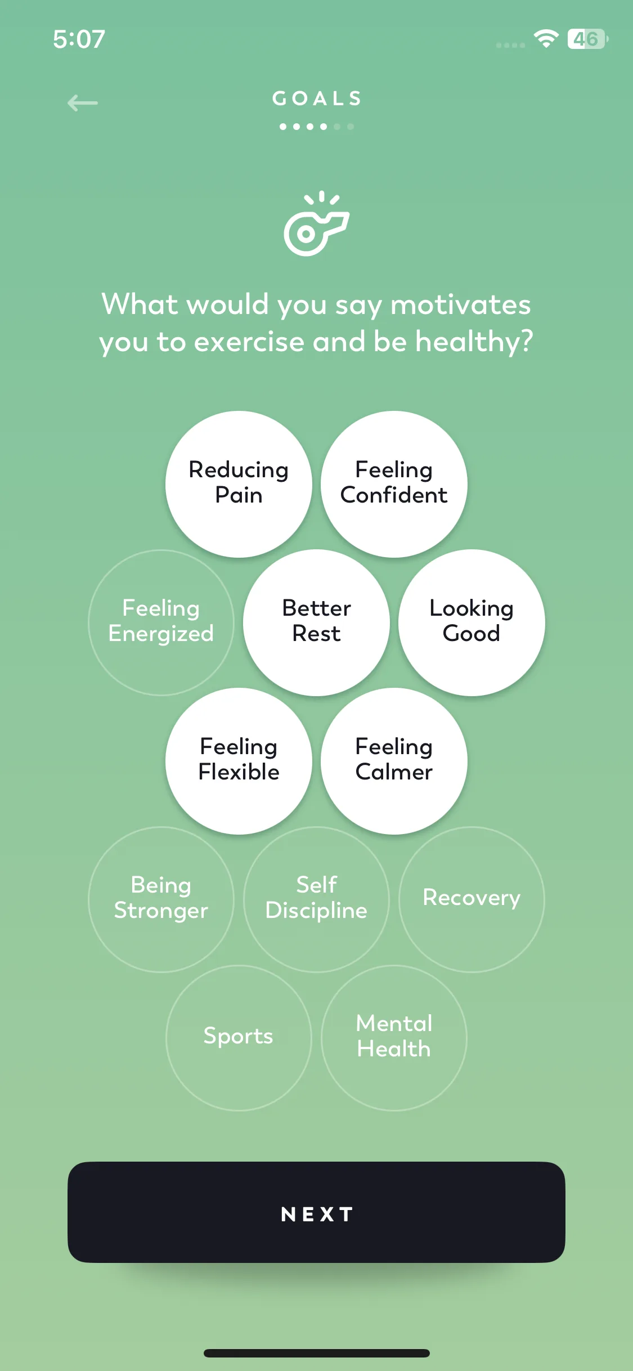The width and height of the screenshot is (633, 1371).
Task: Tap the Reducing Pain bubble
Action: [x=239, y=484]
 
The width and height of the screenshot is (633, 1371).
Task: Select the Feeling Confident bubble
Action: [x=394, y=484]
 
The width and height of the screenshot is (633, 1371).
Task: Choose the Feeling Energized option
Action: [x=161, y=622]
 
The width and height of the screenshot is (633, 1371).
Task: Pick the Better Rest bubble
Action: [x=316, y=622]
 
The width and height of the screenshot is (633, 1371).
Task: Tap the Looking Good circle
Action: [x=472, y=622]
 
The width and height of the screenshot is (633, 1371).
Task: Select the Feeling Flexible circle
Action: [x=239, y=761]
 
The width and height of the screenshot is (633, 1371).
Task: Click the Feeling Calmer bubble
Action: [x=394, y=761]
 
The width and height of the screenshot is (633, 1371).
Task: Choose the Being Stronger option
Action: [x=161, y=899]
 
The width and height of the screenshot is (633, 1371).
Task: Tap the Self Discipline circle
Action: [x=316, y=899]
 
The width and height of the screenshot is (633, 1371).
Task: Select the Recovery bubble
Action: [x=472, y=899]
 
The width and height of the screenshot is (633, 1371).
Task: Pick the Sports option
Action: [x=239, y=1038]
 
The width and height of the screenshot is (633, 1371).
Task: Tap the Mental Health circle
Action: [x=394, y=1038]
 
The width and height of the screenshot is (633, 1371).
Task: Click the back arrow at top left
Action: [x=82, y=103]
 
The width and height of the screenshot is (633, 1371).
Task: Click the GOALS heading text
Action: [x=317, y=99]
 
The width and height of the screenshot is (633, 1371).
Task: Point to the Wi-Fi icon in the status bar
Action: [x=546, y=39]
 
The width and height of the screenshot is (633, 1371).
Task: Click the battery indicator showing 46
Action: [x=587, y=39]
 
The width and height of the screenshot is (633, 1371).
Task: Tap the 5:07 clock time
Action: [x=79, y=39]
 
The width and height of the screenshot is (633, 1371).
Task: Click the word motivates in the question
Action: [x=460, y=305]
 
